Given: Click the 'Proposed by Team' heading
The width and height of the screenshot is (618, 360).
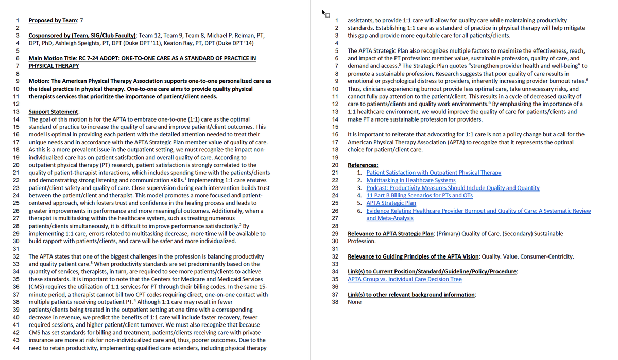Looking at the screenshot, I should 51,20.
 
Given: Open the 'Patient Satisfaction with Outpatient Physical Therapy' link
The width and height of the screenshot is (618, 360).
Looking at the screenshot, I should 434,173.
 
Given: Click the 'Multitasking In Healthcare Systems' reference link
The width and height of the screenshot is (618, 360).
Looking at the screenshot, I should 410,180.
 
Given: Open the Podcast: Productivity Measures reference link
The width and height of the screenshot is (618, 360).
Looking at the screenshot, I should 453,188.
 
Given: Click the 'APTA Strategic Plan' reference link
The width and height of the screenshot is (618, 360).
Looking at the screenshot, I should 391,203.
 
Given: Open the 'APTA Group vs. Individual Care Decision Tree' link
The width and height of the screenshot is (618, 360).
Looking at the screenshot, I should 404,279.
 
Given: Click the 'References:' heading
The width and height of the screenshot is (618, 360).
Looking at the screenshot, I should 363,165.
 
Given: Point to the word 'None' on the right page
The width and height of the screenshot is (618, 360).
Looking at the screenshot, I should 354,302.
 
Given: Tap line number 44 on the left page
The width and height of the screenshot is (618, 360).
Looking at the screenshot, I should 15,348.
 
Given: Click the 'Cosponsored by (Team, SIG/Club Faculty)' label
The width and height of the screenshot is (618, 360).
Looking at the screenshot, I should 82,36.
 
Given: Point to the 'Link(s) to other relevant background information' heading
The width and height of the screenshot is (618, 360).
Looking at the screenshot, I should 411,295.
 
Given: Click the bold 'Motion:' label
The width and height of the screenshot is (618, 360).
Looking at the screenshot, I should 39,81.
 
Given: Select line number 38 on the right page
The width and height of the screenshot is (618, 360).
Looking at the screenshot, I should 335,302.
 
